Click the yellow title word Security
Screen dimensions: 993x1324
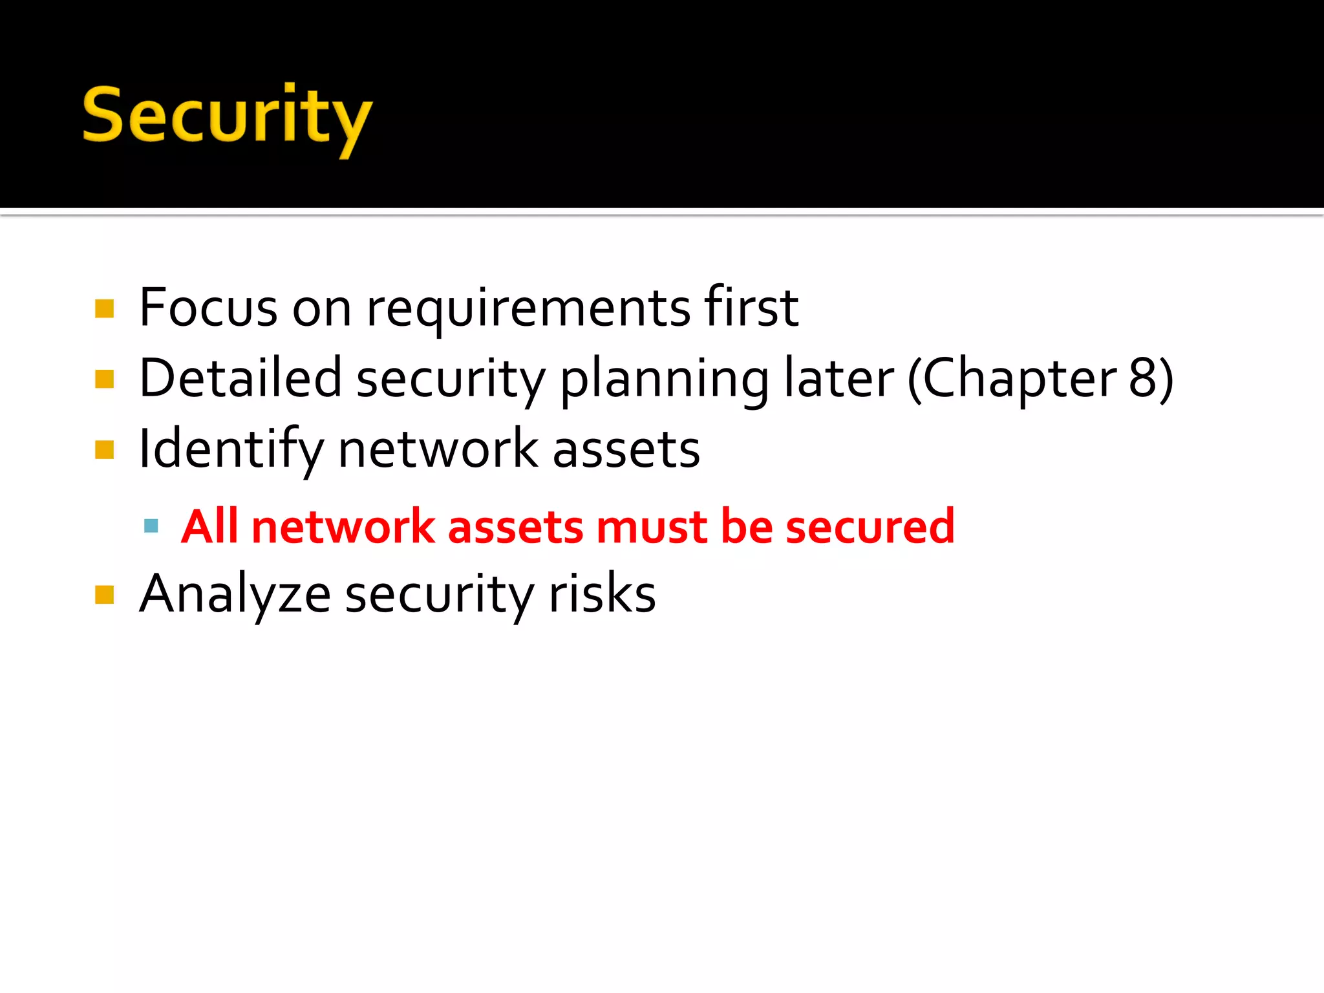227,116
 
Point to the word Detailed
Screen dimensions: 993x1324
240,378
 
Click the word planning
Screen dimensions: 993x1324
664,380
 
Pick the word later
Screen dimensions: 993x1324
839,378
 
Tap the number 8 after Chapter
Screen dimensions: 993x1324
1143,378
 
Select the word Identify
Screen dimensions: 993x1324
231,450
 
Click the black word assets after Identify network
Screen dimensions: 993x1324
626,450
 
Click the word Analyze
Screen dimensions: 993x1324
235,595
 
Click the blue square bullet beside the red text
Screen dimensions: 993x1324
151,526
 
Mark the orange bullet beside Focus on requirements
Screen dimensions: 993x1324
104,309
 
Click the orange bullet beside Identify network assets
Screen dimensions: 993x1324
104,450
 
